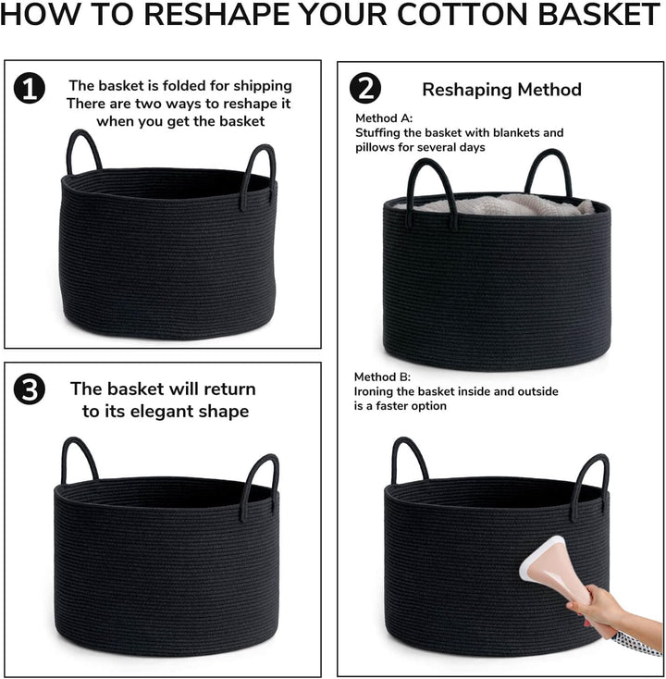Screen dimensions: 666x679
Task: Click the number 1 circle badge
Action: pyautogui.click(x=30, y=88)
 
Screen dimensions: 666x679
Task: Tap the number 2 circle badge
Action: pyautogui.click(x=365, y=88)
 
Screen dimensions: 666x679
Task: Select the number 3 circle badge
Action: pyautogui.click(x=30, y=389)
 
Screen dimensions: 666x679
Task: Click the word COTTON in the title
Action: pyautogui.click(x=463, y=14)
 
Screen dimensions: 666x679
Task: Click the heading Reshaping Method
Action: pyautogui.click(x=502, y=90)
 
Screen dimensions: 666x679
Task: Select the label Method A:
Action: pyautogui.click(x=384, y=118)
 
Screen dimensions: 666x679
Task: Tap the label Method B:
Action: pyautogui.click(x=382, y=377)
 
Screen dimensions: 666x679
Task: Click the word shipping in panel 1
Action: pyautogui.click(x=263, y=86)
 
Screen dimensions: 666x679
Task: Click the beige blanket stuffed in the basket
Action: pyautogui.click(x=498, y=204)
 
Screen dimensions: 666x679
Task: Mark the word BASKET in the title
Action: pyautogui.click(x=599, y=14)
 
